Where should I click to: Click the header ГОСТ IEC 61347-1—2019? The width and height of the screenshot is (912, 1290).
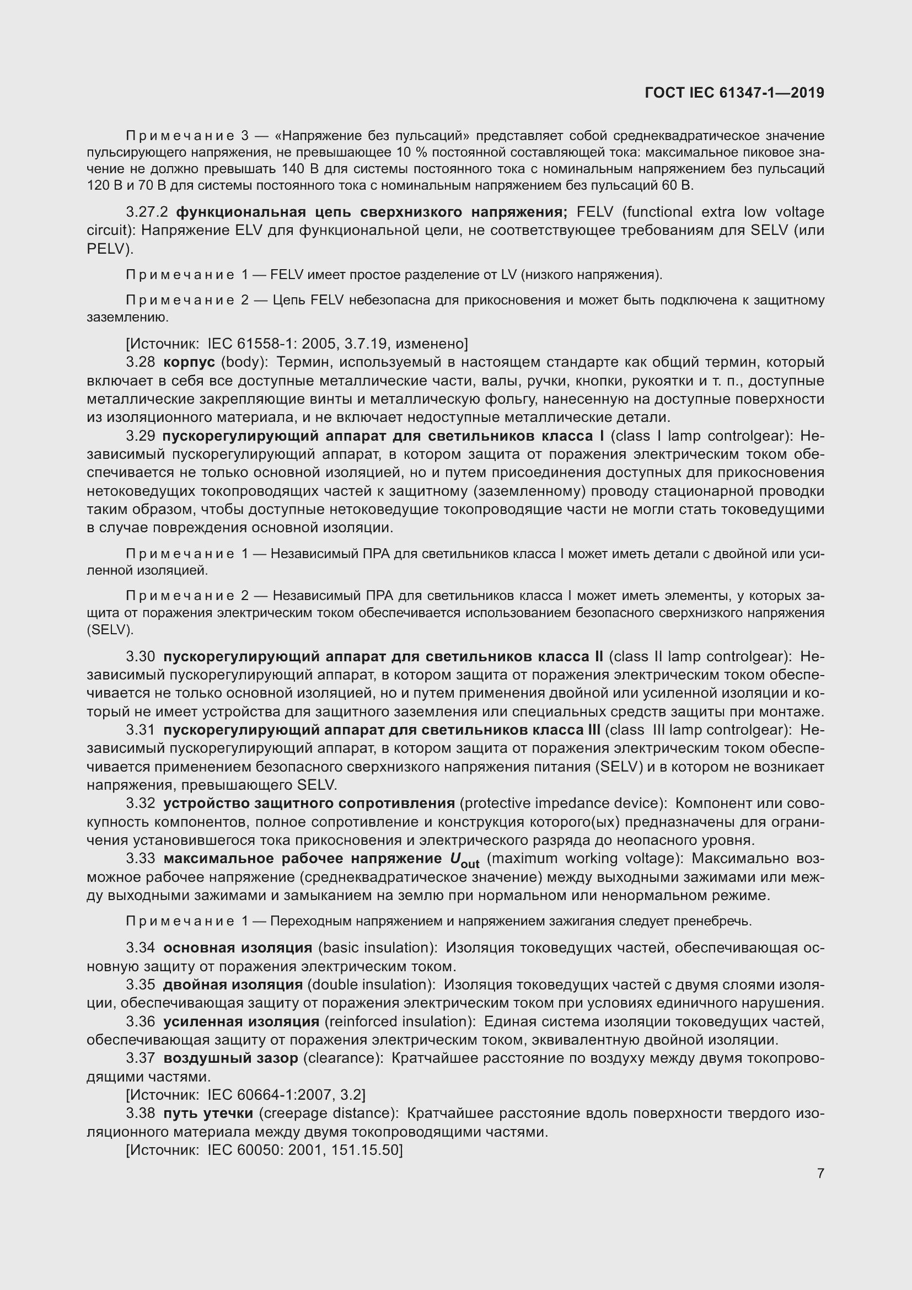click(734, 93)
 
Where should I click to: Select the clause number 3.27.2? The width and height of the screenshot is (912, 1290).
click(147, 212)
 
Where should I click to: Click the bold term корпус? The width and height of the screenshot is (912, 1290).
click(189, 362)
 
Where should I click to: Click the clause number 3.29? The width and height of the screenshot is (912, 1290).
click(141, 436)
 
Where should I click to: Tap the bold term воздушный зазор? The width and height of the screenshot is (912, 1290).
click(230, 1058)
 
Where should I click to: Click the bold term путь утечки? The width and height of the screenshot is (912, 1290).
click(208, 1113)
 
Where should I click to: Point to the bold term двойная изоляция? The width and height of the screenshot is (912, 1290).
click(233, 984)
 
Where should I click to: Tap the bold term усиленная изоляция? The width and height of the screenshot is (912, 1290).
click(241, 1021)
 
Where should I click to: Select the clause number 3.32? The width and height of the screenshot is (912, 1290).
click(141, 804)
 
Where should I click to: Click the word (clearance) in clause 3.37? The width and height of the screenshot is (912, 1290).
click(343, 1058)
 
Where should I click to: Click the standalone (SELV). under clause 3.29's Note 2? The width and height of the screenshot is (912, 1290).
click(110, 630)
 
